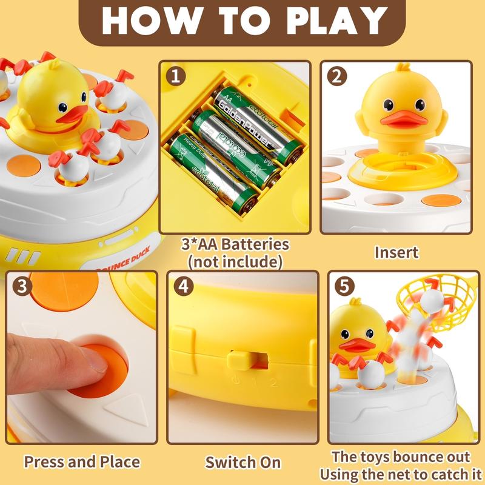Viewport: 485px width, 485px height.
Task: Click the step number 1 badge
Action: [x=176, y=76]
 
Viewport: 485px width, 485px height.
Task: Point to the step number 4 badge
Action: [x=182, y=286]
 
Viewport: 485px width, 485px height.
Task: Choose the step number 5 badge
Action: [x=343, y=286]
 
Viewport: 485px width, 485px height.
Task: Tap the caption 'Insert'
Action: [x=396, y=251]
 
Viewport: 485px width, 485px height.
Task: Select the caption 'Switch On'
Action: [x=242, y=462]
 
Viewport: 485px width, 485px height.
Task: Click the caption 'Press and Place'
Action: [x=82, y=462]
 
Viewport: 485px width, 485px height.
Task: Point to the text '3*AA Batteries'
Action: [x=235, y=245]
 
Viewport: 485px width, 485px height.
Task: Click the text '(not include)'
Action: [x=235, y=262]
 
